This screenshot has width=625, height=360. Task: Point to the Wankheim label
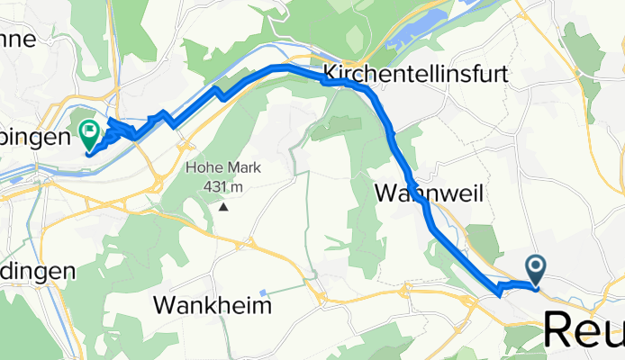point(213,305)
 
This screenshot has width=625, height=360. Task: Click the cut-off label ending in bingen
point(35,138)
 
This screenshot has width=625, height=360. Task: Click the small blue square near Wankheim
point(262,292)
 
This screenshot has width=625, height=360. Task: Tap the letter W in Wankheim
point(165,305)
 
